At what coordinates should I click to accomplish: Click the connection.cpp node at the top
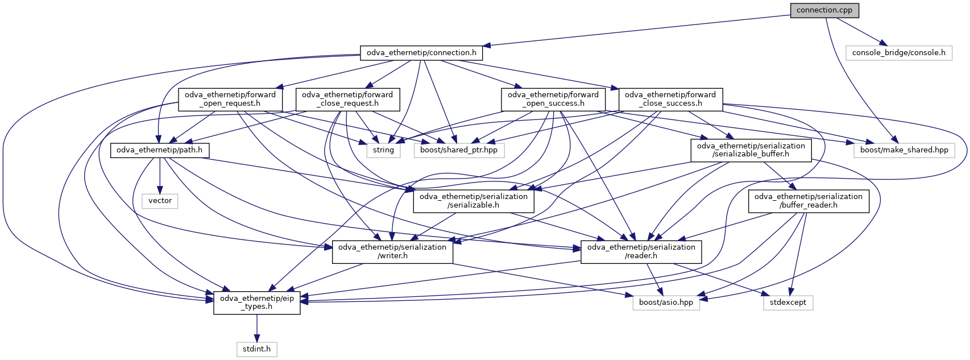(824, 10)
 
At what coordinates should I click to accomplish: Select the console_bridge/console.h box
(898, 53)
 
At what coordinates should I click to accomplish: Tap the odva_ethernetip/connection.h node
(421, 53)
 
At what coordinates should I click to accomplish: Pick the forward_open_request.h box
(230, 99)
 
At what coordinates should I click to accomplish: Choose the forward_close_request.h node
(347, 99)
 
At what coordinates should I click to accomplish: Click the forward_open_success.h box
(553, 99)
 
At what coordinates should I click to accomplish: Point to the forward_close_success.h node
(670, 99)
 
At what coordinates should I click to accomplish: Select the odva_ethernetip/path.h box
(160, 150)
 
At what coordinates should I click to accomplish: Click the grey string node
(383, 150)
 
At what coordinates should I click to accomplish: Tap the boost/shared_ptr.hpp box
(459, 150)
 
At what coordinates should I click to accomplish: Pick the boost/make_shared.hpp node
(904, 150)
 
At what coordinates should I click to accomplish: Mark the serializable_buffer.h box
(751, 150)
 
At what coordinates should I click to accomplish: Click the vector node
(160, 201)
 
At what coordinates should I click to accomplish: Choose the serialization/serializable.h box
(473, 201)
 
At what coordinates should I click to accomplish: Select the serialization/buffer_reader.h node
(808, 201)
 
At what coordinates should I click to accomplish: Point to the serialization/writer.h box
(392, 251)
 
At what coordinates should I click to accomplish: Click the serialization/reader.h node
(641, 251)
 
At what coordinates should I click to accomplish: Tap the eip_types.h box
(257, 302)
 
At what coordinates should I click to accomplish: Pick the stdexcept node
(787, 303)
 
